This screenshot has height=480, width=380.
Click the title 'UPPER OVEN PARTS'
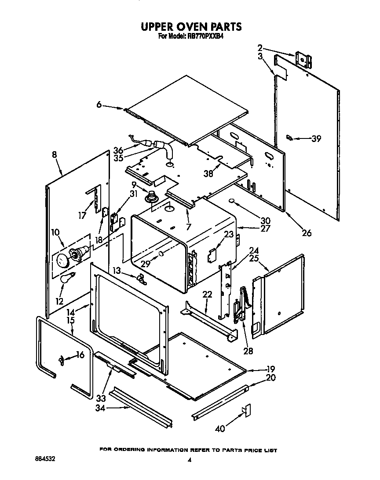[191, 27]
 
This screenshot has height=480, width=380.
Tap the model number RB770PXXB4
[206, 37]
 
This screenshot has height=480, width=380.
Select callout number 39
[316, 139]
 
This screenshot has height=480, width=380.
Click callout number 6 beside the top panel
[99, 105]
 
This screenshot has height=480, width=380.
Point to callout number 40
[220, 428]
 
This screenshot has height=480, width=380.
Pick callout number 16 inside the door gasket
[80, 356]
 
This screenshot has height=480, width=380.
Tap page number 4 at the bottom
[190, 460]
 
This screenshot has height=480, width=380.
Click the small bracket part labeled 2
[303, 59]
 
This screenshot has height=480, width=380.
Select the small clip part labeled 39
[289, 137]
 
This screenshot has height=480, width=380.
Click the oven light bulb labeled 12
[67, 277]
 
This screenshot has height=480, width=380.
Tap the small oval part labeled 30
[231, 202]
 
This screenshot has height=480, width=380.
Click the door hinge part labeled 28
[239, 303]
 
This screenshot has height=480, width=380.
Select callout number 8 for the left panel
[55, 155]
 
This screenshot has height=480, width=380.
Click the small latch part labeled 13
[141, 278]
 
